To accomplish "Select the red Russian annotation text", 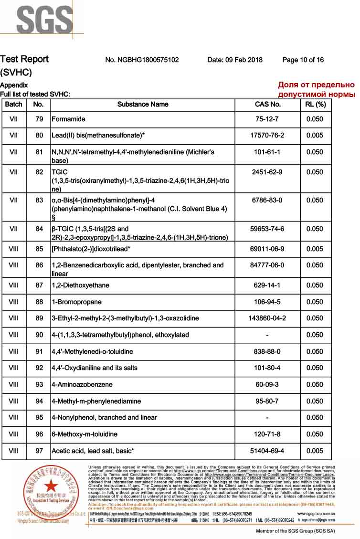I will point(317,90).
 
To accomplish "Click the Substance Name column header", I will point(143,104).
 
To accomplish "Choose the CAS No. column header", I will point(268,104).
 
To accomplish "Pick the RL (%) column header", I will point(315,104).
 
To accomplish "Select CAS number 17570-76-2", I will point(267,136).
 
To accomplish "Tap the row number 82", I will point(39,172).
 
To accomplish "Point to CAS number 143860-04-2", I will point(267,318).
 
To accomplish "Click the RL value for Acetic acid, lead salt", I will point(315,451).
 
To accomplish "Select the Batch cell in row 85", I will point(14,249).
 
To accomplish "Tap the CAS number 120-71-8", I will point(267,434).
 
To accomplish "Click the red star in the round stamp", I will point(51,486).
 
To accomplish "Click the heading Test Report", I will point(24,59).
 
